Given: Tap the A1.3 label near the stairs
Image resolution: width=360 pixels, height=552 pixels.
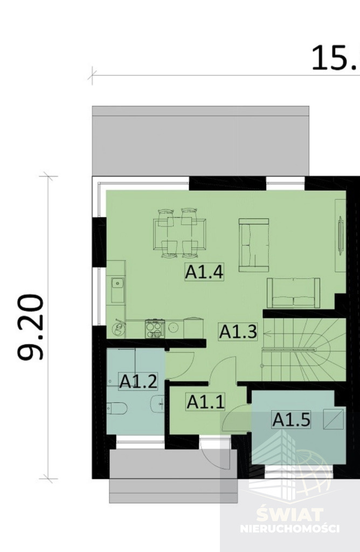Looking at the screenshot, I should click(x=238, y=332).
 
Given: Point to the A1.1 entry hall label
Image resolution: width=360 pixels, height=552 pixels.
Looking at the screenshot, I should click(x=205, y=402).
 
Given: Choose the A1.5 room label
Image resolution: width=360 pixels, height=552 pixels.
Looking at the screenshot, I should click(x=292, y=419).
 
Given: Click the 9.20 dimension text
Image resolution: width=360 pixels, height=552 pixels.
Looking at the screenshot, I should click(x=30, y=327).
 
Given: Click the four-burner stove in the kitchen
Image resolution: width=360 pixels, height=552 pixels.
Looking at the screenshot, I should click(x=155, y=328).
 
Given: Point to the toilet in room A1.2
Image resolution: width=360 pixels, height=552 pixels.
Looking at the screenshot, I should click(x=117, y=409).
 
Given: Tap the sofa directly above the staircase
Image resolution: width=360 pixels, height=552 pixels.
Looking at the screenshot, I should click(x=293, y=293).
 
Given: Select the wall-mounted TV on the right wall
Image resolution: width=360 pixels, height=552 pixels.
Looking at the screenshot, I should click(x=340, y=234).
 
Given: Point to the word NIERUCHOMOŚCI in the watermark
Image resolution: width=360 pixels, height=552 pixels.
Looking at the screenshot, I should click(x=289, y=529).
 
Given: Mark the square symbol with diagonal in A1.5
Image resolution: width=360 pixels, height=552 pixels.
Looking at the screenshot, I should click(x=333, y=419).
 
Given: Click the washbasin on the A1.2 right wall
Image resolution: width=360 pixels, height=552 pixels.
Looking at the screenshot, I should click(x=158, y=403).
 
